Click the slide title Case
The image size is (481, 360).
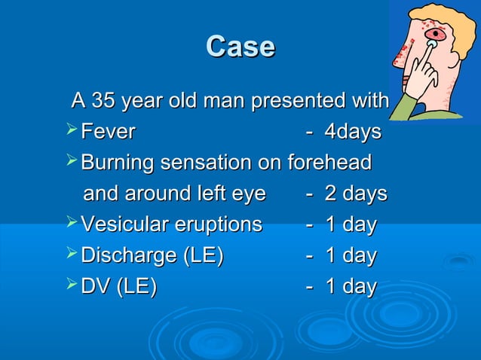(240, 47)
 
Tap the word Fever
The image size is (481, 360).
(108, 132)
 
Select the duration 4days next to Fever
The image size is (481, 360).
(352, 132)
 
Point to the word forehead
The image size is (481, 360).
(329, 163)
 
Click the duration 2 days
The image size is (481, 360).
(355, 194)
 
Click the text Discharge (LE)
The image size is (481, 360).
(152, 255)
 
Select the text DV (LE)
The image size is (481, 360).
(119, 286)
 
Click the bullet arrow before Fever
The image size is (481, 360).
(72, 132)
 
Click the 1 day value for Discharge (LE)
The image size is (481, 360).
(351, 255)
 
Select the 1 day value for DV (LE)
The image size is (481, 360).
(351, 286)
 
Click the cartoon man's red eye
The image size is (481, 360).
(437, 35)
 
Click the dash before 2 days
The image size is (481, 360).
(309, 194)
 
